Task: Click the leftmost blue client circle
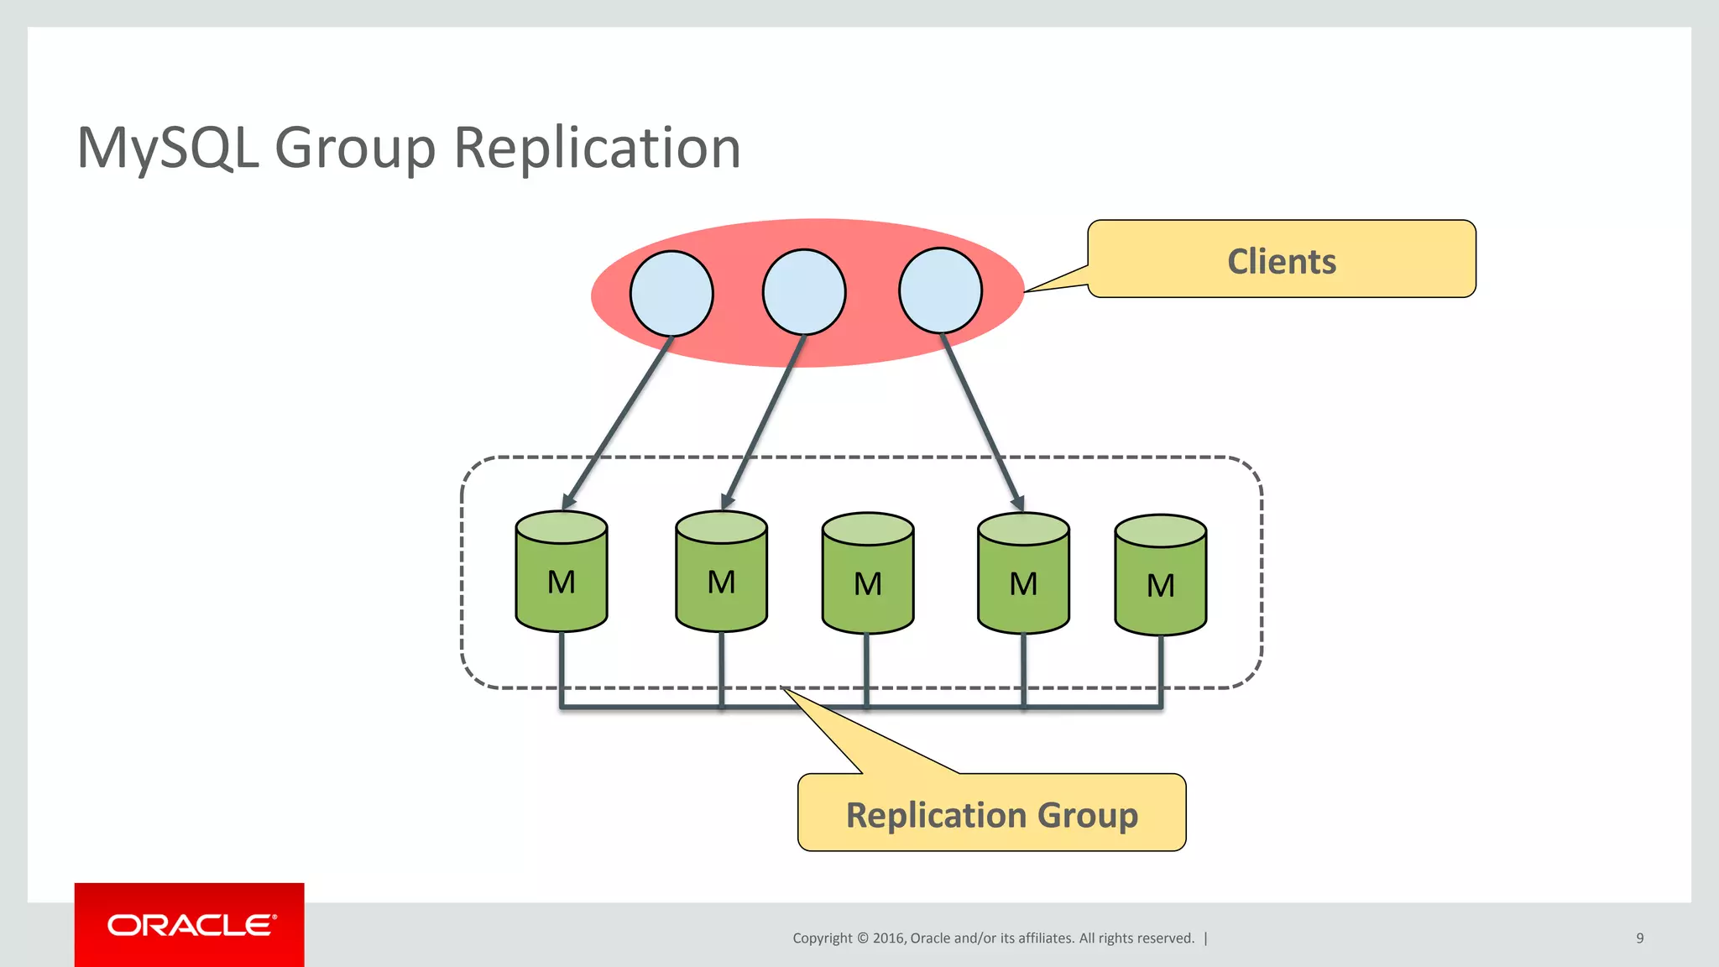point(671,294)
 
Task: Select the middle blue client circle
point(804,292)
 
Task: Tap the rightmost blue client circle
point(940,290)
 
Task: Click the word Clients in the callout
point(1282,261)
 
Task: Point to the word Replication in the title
point(597,148)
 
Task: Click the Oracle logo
point(191,925)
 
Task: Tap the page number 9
point(1639,938)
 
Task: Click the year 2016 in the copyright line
point(888,938)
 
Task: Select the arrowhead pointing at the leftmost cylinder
point(568,501)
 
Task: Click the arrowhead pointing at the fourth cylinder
point(1017,503)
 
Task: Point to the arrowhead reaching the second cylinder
point(727,501)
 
